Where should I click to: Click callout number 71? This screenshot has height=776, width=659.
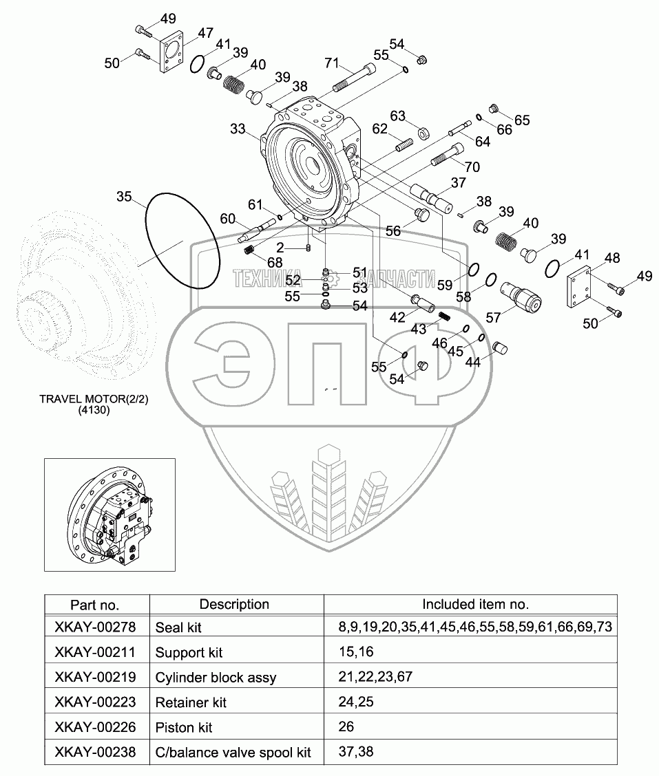point(333,64)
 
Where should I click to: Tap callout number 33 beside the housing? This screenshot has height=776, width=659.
point(238,129)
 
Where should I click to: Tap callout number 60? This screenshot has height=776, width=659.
point(227,219)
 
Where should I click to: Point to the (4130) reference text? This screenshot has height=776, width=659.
point(92,410)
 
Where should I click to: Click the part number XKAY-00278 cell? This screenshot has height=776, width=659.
point(95,627)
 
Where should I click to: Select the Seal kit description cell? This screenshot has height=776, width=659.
point(178,627)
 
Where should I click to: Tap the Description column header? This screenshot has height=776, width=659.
point(234,604)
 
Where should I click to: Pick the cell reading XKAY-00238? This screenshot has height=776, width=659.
point(95,752)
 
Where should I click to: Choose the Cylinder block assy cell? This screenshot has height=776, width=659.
point(216,677)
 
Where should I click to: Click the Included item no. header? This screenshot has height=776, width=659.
point(475,604)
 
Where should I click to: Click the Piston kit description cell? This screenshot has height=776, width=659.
point(184,727)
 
